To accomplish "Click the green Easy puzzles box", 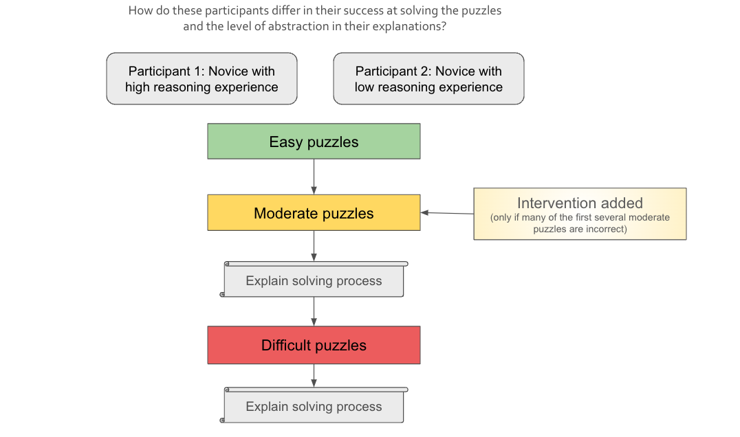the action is point(314,142).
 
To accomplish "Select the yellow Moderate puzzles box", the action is point(314,212).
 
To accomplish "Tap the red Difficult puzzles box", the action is point(314,345).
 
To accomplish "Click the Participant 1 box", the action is point(202,79).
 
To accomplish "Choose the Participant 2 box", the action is point(428,79).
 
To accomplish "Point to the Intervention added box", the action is point(580,214).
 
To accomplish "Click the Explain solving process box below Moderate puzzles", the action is point(314,280).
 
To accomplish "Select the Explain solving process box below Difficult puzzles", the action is point(314,406).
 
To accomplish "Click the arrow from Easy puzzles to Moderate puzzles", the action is point(314,177).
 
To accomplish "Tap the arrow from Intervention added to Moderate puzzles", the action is point(447,213).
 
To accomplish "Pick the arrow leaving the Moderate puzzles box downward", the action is point(314,245).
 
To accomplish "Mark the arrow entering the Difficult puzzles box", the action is point(314,311).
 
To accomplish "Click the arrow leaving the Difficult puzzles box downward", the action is point(314,376).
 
